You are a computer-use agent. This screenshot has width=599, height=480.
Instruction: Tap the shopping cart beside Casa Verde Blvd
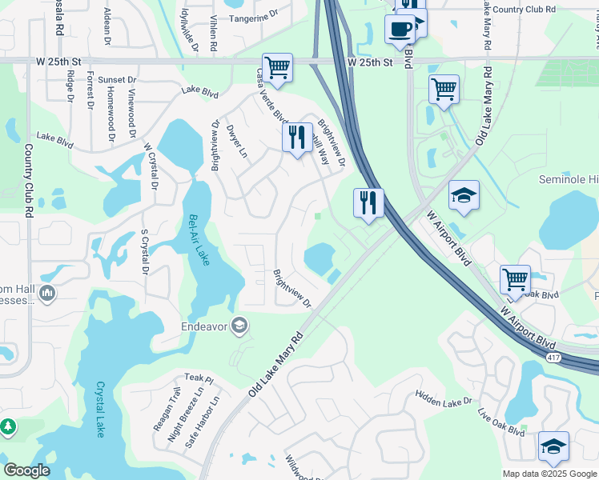[277, 69]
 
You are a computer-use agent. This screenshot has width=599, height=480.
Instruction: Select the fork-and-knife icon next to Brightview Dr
[297, 138]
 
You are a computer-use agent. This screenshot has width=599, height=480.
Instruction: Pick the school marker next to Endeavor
[239, 325]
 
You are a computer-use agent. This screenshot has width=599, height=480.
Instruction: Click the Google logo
[26, 470]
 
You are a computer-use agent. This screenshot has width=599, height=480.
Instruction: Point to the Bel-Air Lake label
[198, 240]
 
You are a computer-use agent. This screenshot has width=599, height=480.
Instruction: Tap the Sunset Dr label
[119, 80]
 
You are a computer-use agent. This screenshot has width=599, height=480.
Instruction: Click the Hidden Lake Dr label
[444, 398]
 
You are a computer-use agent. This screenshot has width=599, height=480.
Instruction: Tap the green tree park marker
[8, 427]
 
